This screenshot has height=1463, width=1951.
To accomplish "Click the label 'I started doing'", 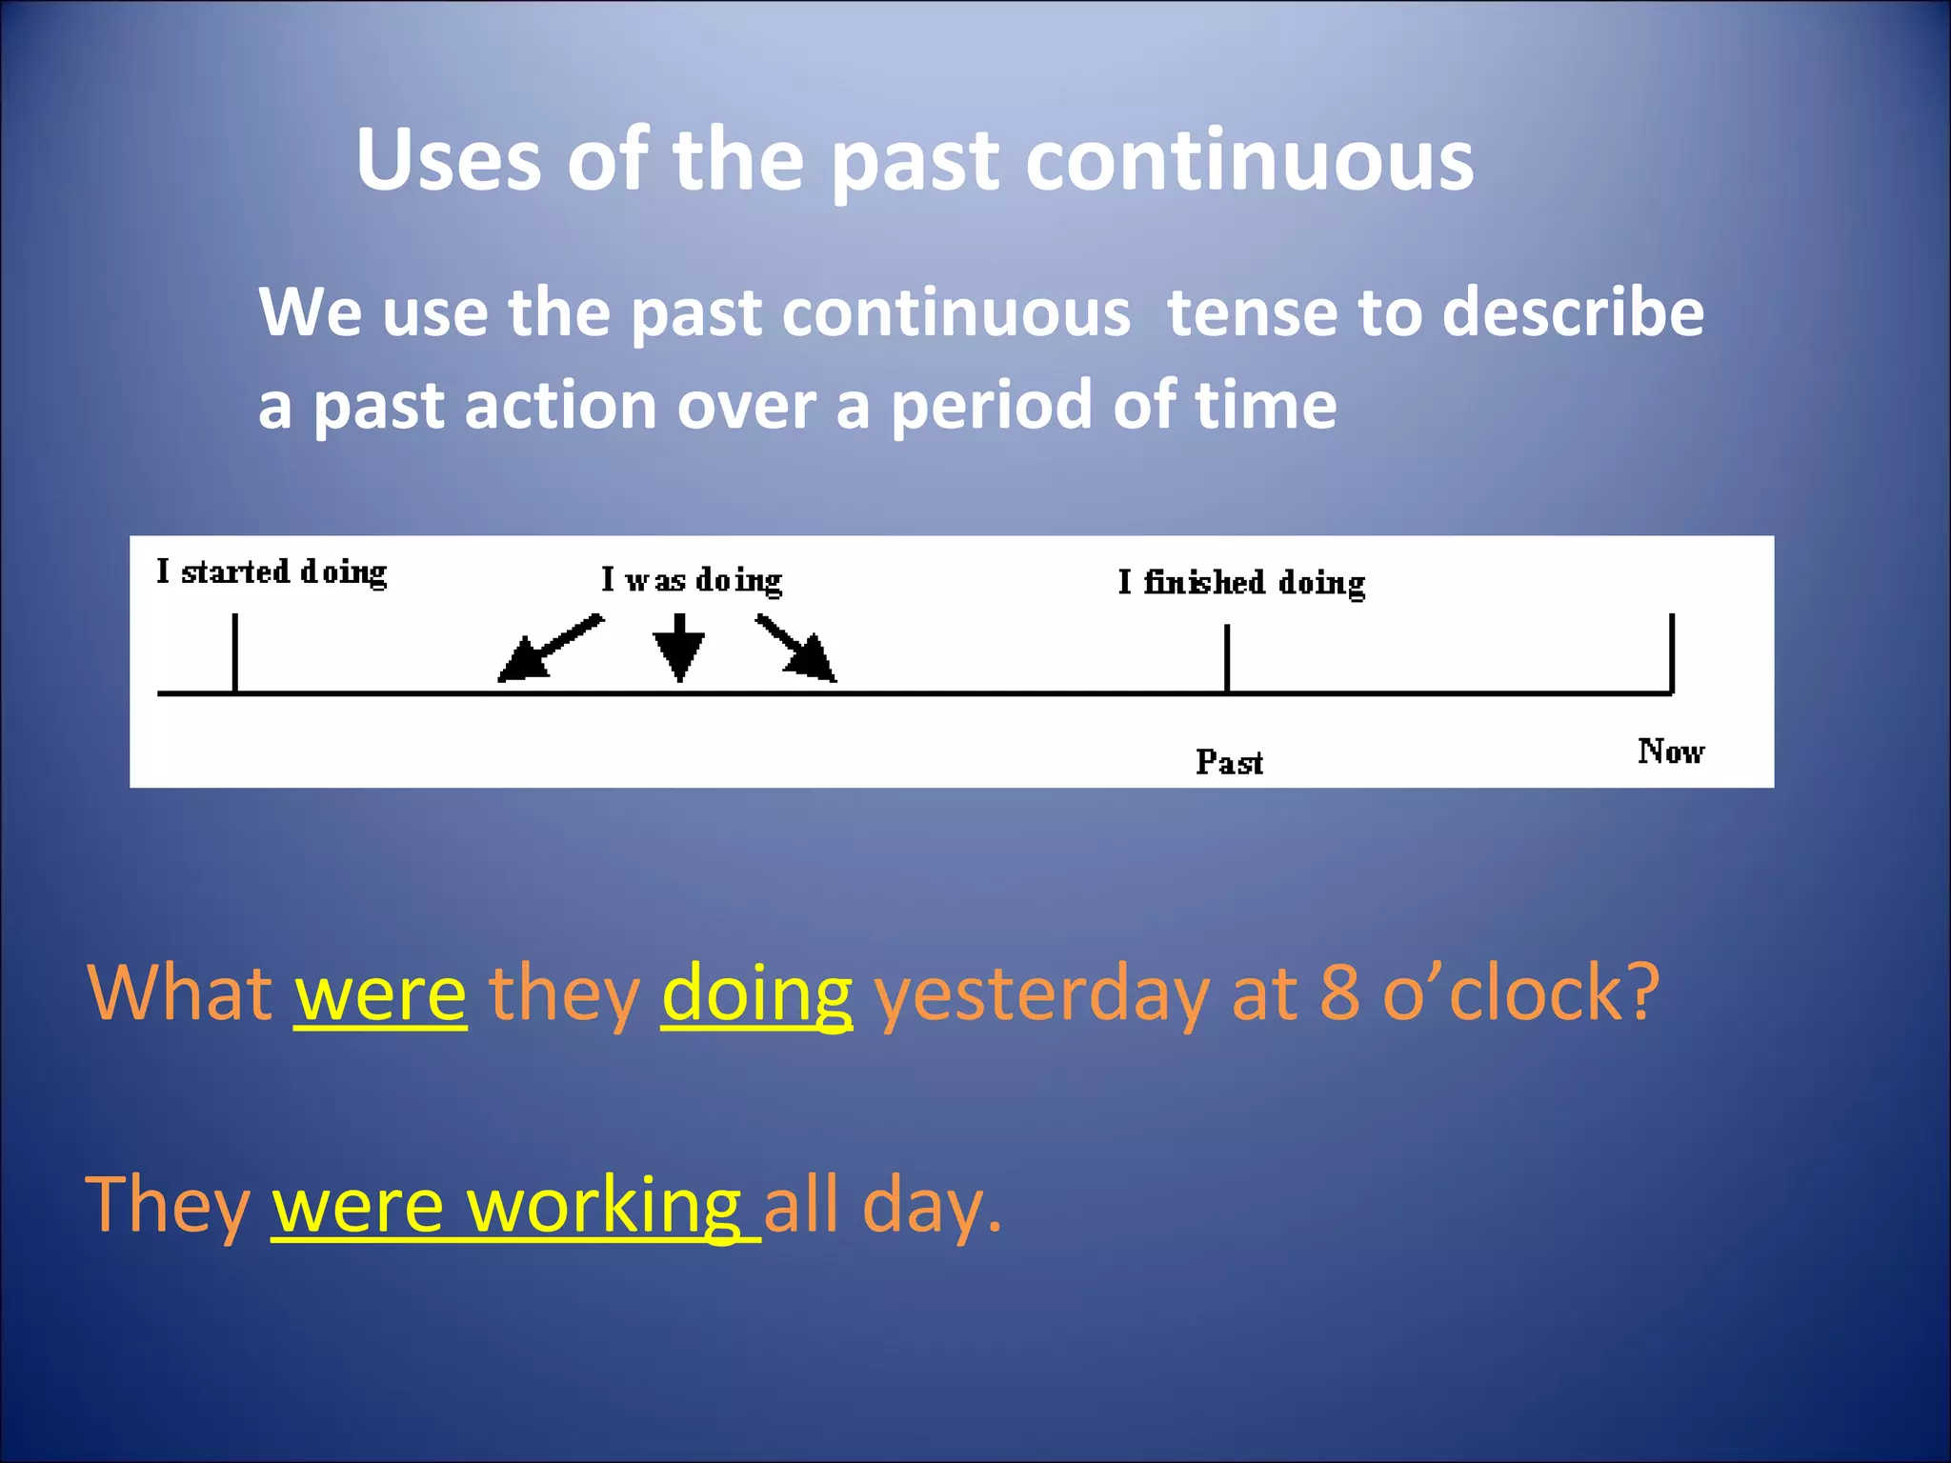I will click(x=272, y=572).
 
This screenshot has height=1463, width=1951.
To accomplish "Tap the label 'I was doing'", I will click(x=691, y=580).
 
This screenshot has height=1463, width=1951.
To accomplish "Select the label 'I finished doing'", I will click(x=1240, y=583).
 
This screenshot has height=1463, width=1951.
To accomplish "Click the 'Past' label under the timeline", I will click(x=1229, y=762).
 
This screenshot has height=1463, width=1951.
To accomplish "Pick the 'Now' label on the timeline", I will click(x=1670, y=752).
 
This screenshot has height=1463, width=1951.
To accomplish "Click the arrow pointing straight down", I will click(x=678, y=648).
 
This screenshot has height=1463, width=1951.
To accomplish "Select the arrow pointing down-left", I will click(x=550, y=648).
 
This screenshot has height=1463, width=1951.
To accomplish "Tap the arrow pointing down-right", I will click(x=796, y=648).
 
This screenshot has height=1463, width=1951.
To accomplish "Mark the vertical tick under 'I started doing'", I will click(x=235, y=652).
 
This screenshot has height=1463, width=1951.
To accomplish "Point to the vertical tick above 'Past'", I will click(x=1227, y=657).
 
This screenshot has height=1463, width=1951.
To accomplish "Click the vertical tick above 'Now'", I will click(x=1672, y=652).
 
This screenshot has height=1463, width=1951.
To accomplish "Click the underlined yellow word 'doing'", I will click(x=756, y=994).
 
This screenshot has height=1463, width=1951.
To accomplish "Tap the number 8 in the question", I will click(x=1339, y=992).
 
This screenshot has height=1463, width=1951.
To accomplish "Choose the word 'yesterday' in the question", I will click(x=1041, y=994).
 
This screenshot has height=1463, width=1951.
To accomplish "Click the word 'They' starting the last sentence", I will click(x=168, y=1206).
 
